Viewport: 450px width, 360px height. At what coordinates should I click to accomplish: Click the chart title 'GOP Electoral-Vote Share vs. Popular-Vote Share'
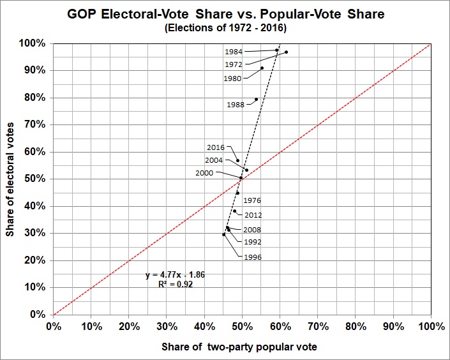click(x=225, y=15)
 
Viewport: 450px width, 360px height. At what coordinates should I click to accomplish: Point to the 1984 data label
click(x=234, y=51)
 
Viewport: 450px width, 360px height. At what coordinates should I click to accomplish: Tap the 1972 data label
click(x=234, y=65)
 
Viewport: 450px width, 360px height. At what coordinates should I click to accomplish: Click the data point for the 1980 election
click(x=262, y=68)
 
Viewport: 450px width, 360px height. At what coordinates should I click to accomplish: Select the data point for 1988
click(x=256, y=99)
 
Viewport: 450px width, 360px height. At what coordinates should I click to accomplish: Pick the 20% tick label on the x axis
click(x=128, y=326)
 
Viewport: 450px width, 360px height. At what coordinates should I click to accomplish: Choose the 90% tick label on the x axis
click(x=393, y=326)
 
